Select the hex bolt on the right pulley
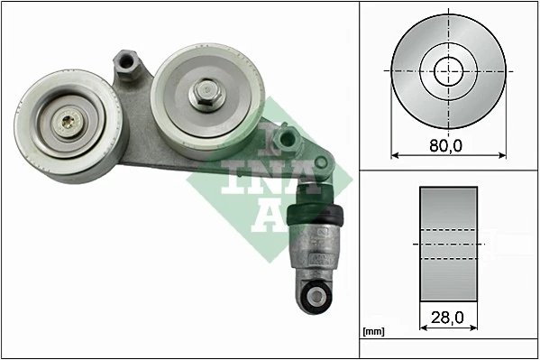[x=204, y=91]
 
